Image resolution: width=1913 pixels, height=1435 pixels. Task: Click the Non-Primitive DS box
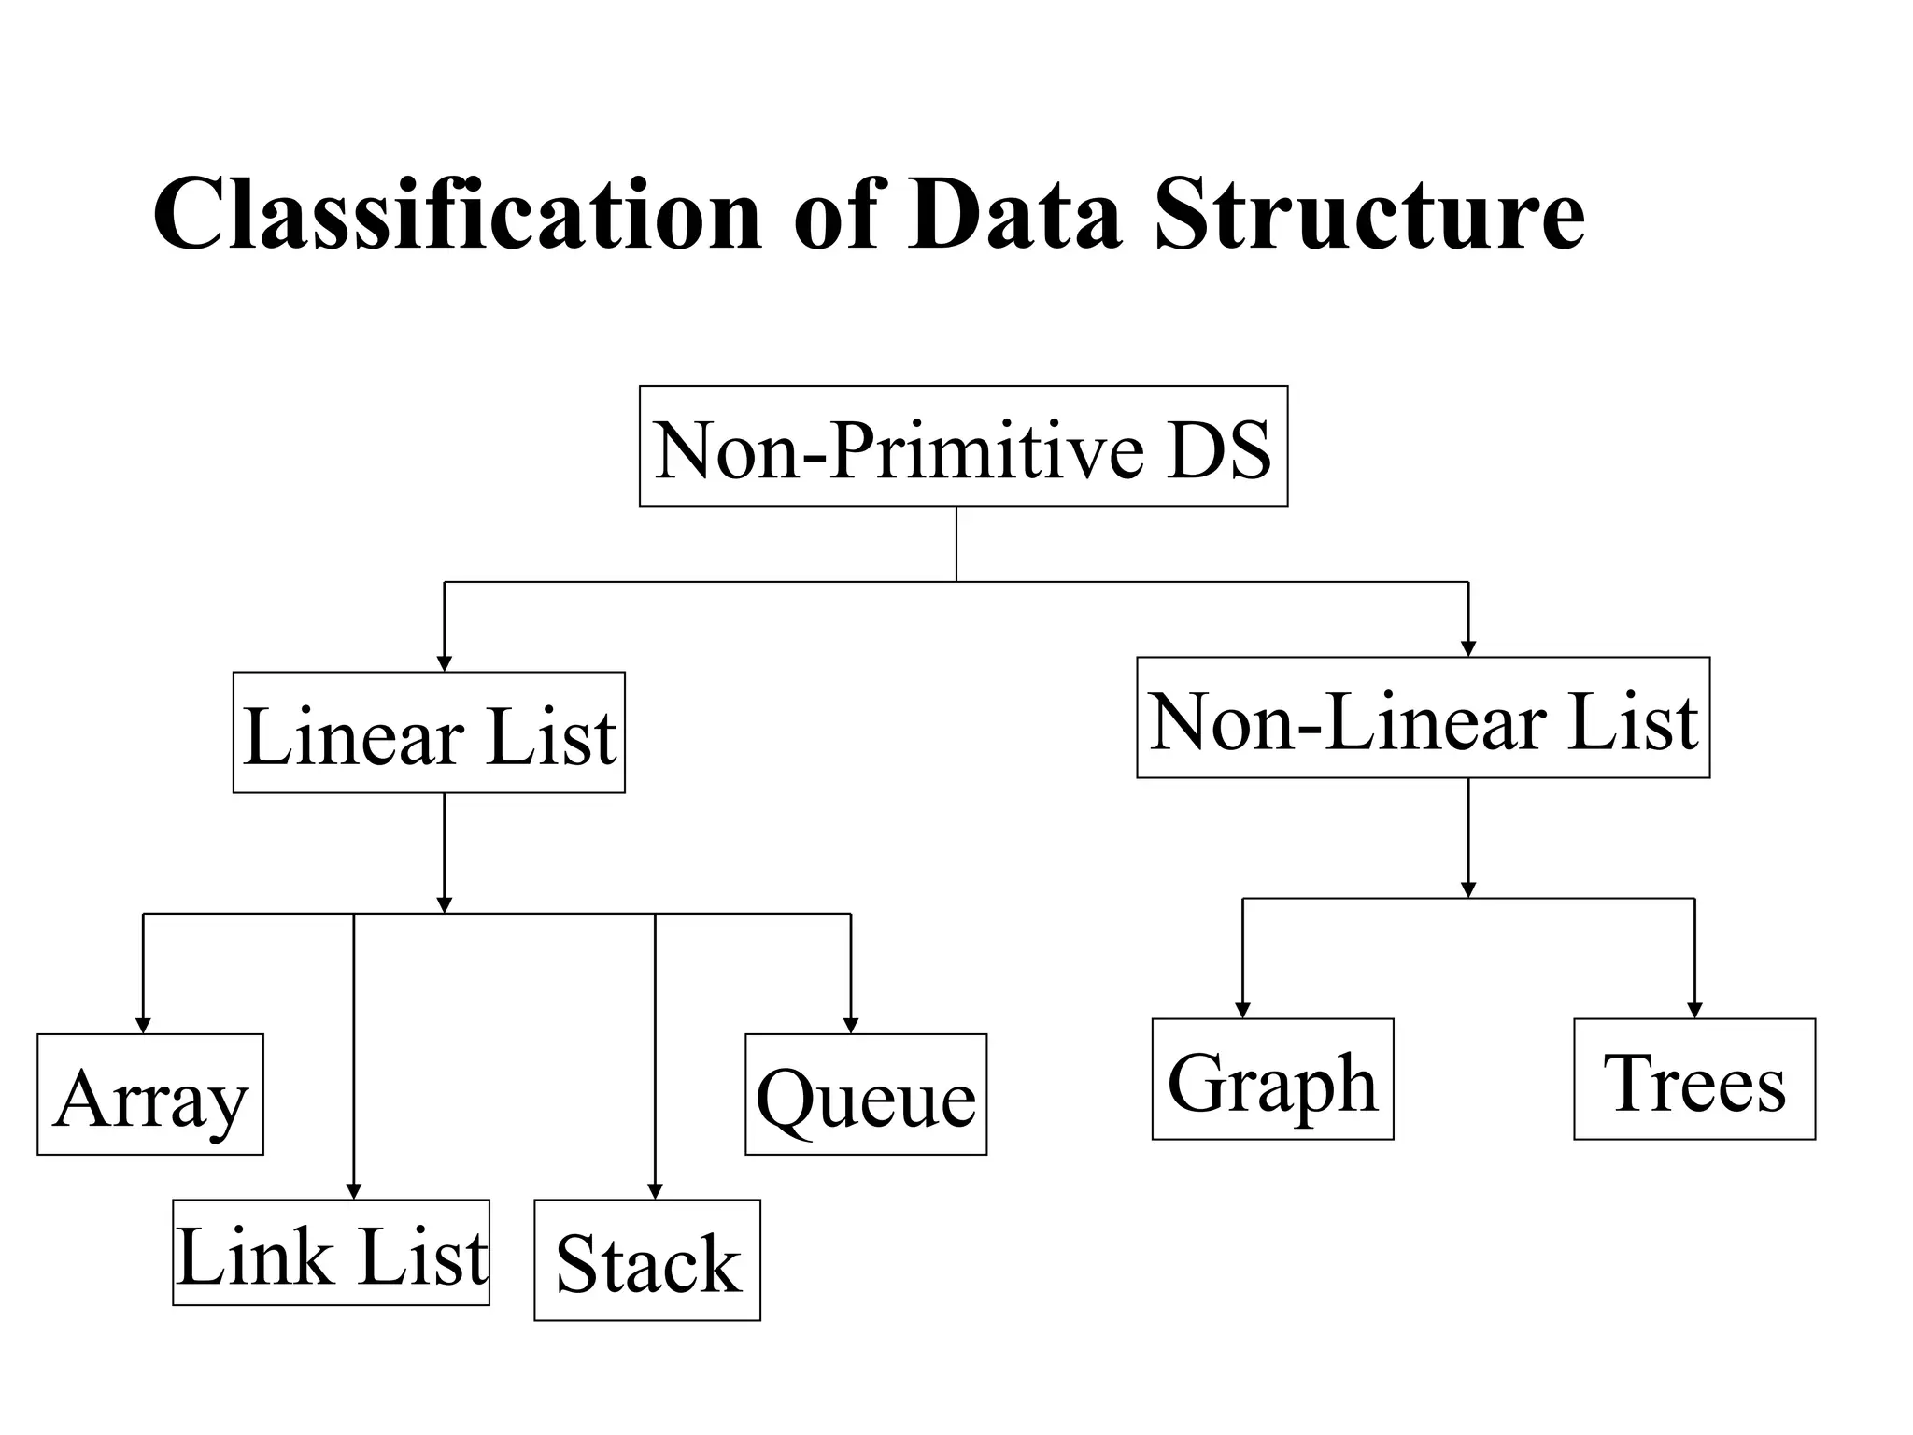pos(963,447)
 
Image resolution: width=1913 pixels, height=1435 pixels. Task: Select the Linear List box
pos(429,732)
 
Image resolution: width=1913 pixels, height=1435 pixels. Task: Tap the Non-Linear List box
pos(1423,717)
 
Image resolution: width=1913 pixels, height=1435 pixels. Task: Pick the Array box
pos(150,1094)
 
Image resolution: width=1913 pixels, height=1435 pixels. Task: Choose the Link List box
pos(331,1253)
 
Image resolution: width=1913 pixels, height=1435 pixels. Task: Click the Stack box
pos(647,1260)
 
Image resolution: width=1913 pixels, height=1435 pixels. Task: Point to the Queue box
pos(866,1094)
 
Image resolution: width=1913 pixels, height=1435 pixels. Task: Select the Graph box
pos(1272,1079)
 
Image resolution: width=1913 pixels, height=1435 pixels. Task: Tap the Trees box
pos(1694,1079)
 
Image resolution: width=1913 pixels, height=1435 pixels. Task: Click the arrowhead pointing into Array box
pos(143,1026)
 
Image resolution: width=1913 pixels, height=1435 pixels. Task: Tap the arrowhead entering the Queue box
pos(851,1026)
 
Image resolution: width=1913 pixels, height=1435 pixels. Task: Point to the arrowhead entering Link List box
pos(354,1191)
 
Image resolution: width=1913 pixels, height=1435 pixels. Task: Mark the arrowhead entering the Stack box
pos(655,1191)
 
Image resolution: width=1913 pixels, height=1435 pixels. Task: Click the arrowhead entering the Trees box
pos(1694,1010)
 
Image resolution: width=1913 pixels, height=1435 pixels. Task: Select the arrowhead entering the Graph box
pos(1242,1010)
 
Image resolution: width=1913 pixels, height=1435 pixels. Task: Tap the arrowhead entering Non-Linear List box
pos(1468,649)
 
